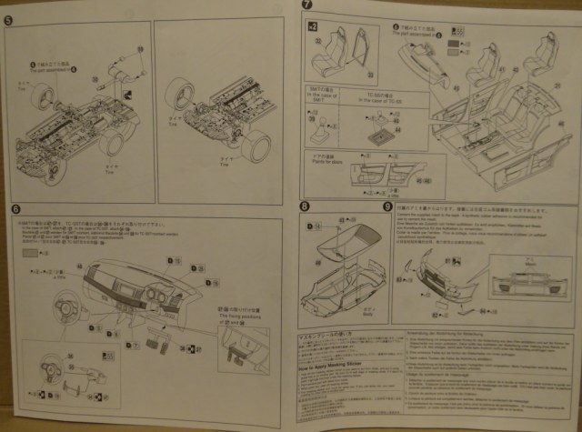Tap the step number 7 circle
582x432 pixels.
point(307,7)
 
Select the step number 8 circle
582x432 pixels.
point(304,206)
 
